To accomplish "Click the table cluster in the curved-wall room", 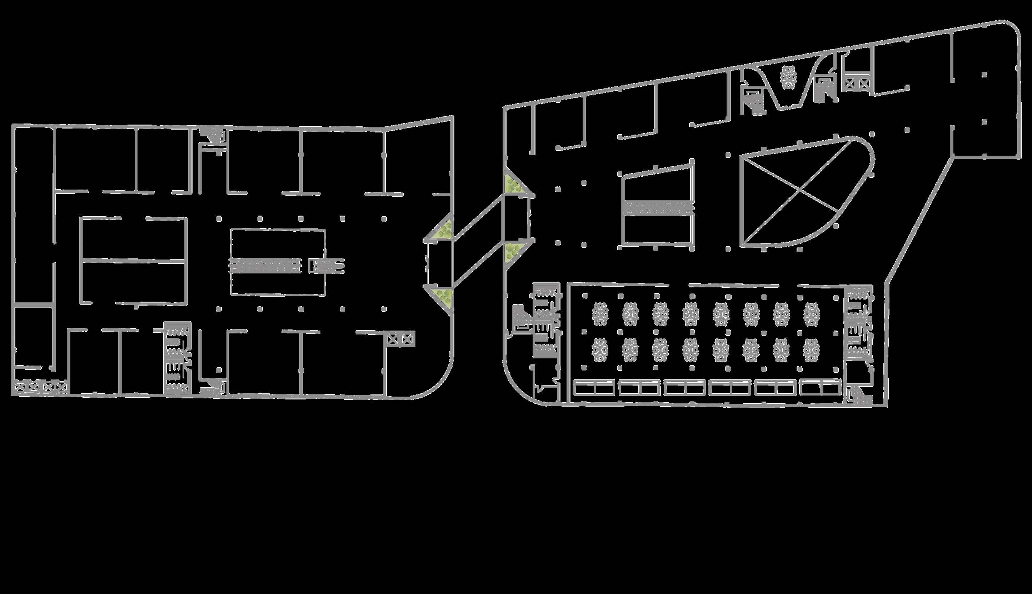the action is click(x=789, y=77).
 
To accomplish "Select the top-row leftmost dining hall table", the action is click(x=600, y=314).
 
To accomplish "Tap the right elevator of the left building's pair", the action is click(x=407, y=339).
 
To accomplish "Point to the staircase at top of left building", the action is click(x=213, y=135).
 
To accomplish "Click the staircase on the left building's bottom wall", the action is click(x=213, y=388).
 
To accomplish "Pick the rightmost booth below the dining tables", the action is click(x=821, y=388).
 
